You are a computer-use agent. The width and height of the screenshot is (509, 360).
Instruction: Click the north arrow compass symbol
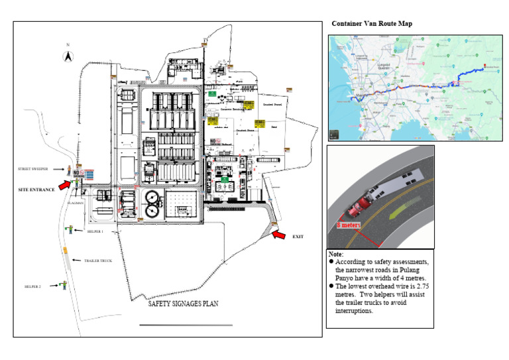pyautogui.click(x=67, y=56)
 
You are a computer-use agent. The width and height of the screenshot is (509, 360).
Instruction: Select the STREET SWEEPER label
pyautogui.click(x=33, y=169)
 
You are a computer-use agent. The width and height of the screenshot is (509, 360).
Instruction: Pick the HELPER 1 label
pyautogui.click(x=95, y=232)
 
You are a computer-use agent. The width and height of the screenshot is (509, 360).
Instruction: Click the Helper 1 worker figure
pyautogui.click(x=70, y=229)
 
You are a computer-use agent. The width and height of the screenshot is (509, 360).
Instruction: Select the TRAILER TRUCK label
pyautogui.click(x=97, y=261)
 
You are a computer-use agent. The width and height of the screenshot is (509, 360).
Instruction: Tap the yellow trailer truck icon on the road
pyautogui.click(x=65, y=250)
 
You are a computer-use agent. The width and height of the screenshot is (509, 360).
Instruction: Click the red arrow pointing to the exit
pyautogui.click(x=280, y=234)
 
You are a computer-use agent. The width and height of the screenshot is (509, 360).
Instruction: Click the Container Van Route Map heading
pyautogui.click(x=372, y=24)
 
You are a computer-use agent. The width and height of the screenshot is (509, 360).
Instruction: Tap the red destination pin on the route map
pyautogui.click(x=484, y=66)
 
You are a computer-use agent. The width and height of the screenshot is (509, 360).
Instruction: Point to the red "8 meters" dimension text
pyautogui.click(x=349, y=225)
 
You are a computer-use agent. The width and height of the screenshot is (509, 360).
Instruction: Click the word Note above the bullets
pyautogui.click(x=336, y=255)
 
